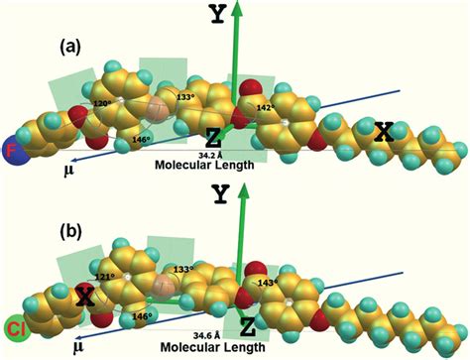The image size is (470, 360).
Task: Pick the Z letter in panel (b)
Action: click(x=249, y=323)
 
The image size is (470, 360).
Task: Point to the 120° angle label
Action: click(x=100, y=103)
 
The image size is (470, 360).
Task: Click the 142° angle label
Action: click(x=265, y=107)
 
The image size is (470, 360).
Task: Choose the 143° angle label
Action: click(x=265, y=282)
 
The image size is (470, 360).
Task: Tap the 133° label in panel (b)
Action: click(x=185, y=271)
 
